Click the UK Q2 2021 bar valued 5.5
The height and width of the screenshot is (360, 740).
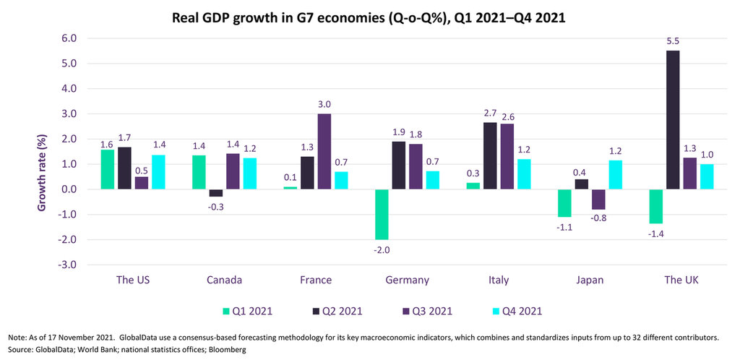[x=674, y=120]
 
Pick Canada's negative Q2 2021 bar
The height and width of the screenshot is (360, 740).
[x=215, y=193]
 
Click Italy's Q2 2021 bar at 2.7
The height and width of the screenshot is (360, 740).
[x=489, y=155]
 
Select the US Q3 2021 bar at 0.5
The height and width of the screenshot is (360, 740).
[x=142, y=183]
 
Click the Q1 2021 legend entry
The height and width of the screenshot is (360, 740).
[x=249, y=312]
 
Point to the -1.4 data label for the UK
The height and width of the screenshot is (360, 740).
[x=657, y=233]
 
